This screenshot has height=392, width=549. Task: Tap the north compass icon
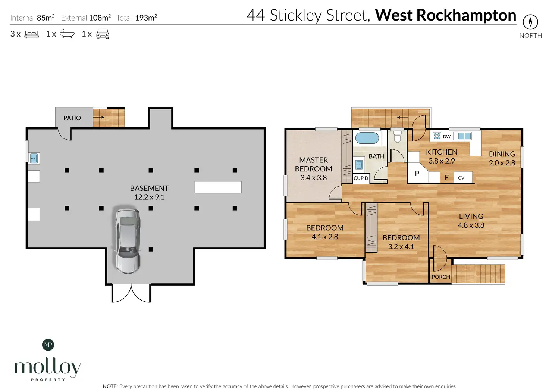[x=530, y=22]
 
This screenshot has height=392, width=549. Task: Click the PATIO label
[x=72, y=118]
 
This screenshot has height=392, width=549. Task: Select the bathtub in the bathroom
[x=367, y=138]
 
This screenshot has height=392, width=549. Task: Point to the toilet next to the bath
[x=397, y=137]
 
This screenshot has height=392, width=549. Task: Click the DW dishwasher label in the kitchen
[x=447, y=137]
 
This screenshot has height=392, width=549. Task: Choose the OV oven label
[x=461, y=178]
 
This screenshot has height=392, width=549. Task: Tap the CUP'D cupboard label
[x=361, y=178]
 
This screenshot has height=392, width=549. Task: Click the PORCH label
[x=440, y=277]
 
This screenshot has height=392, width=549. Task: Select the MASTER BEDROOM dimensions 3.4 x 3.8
[x=313, y=178]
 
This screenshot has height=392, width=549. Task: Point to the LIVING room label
[x=471, y=217]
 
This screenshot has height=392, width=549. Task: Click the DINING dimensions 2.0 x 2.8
[x=502, y=163]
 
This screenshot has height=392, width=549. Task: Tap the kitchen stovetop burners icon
[x=437, y=136]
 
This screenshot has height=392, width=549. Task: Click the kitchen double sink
[x=464, y=136]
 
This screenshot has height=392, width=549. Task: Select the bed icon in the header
[x=32, y=34]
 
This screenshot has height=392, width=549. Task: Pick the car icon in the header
[x=103, y=34]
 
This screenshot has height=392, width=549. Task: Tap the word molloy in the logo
[x=48, y=367]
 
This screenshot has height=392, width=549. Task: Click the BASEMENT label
[x=149, y=188]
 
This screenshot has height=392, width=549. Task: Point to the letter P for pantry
[x=417, y=174]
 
